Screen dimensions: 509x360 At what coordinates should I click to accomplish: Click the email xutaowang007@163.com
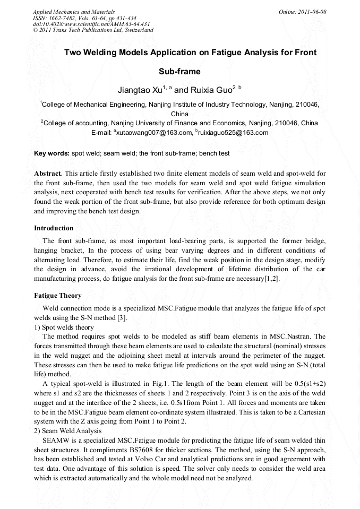click(x=154, y=133)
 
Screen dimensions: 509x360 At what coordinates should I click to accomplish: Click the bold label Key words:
click(x=52, y=153)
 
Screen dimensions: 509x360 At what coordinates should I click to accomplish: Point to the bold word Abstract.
click(x=48, y=173)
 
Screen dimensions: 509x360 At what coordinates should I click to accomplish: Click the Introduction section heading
click(x=54, y=228)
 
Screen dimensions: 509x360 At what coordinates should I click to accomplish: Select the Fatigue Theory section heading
click(x=58, y=295)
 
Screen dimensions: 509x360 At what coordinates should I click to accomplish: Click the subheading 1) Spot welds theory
click(x=64, y=327)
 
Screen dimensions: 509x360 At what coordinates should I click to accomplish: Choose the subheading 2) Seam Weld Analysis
click(x=67, y=430)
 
